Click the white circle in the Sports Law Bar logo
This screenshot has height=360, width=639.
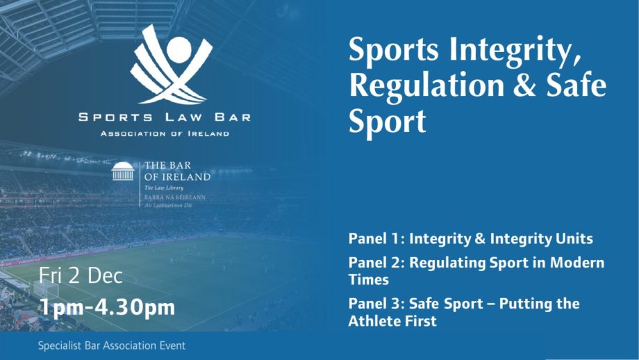click(179, 50)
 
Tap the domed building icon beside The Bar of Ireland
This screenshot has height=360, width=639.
click(123, 171)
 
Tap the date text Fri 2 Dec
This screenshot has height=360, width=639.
click(81, 276)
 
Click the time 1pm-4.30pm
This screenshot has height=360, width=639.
click(107, 307)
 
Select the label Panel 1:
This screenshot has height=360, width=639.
click(376, 238)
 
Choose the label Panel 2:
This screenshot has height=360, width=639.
click(376, 263)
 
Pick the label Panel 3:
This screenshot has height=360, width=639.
click(376, 304)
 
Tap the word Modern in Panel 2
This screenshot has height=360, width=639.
click(577, 263)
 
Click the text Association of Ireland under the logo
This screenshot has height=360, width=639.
click(165, 133)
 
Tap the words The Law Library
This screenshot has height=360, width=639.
click(164, 188)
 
